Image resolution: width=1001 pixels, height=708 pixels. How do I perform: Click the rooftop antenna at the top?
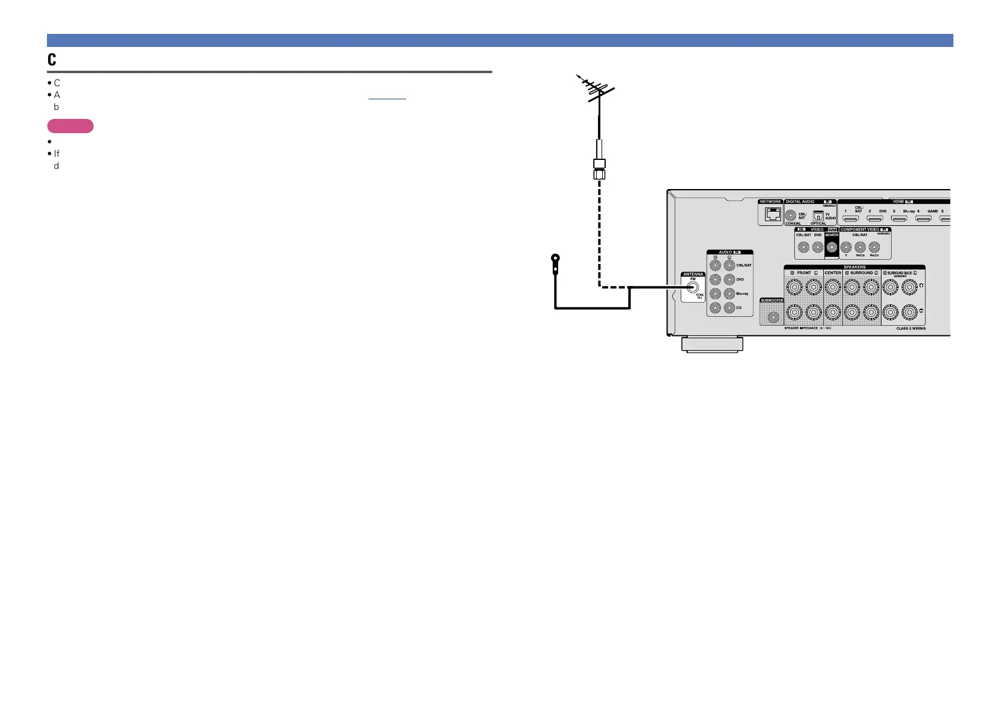pyautogui.click(x=597, y=89)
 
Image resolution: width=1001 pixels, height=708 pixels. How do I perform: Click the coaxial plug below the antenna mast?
pyautogui.click(x=599, y=169)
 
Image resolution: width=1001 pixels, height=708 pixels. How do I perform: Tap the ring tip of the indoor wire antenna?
pyautogui.click(x=555, y=259)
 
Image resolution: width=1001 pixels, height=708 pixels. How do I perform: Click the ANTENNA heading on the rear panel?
pyautogui.click(x=693, y=274)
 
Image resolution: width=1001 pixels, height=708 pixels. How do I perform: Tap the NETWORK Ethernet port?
pyautogui.click(x=772, y=215)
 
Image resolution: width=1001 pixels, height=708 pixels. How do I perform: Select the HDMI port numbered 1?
pyautogui.click(x=851, y=219)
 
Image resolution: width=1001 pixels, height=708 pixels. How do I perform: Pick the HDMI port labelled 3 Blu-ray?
pyautogui.click(x=899, y=219)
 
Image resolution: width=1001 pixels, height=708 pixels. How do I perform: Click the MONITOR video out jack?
pyautogui.click(x=832, y=247)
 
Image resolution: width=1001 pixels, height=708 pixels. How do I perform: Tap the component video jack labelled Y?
pyautogui.click(x=846, y=247)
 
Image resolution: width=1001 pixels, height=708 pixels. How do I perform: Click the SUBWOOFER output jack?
pyautogui.click(x=773, y=317)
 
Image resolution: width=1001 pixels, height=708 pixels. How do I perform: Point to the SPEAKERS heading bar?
pyautogui.click(x=854, y=267)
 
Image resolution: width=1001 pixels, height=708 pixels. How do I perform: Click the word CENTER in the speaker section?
pyautogui.click(x=833, y=273)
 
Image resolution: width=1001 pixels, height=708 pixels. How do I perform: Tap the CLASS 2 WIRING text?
pyautogui.click(x=911, y=328)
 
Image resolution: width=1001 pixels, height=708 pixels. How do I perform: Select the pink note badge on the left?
pyautogui.click(x=70, y=126)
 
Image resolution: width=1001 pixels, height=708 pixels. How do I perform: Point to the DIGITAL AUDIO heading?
pyautogui.click(x=800, y=202)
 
